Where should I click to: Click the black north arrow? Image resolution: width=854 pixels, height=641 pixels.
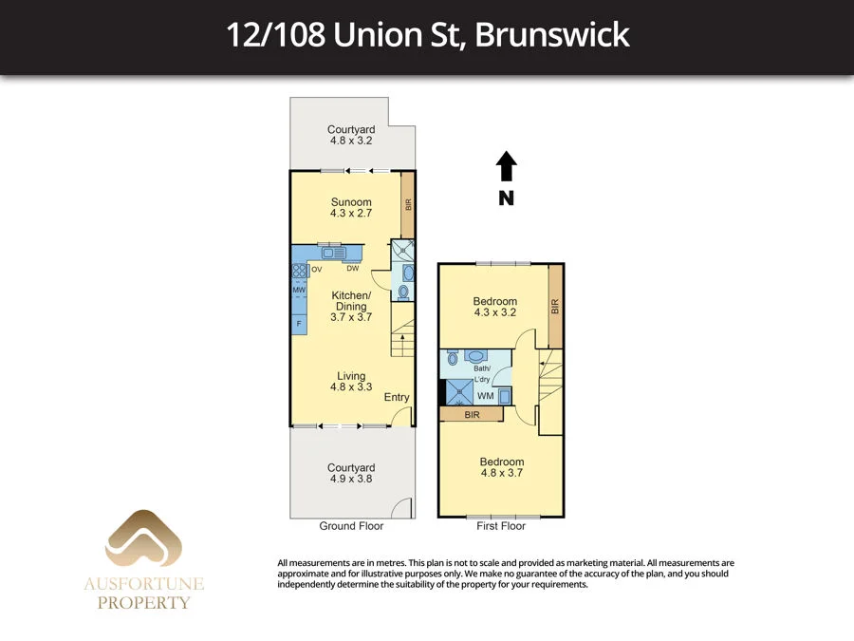[507, 166]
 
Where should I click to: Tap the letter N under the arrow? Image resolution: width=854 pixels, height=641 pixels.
[507, 198]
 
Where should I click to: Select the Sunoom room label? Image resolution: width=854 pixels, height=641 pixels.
[351, 202]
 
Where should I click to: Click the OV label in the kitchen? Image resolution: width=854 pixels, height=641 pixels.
[316, 270]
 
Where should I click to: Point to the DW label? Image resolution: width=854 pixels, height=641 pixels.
[352, 268]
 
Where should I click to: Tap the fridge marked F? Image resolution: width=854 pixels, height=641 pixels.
[300, 324]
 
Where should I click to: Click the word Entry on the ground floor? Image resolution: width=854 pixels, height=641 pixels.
[397, 397]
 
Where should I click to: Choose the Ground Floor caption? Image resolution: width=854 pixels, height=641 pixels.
[351, 526]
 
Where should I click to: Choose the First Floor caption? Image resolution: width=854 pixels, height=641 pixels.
[500, 526]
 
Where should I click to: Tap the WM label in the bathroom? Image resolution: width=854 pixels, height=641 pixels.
[485, 395]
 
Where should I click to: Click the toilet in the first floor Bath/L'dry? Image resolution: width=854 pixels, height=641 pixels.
[453, 359]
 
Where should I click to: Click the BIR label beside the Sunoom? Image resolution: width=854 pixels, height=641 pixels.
[408, 204]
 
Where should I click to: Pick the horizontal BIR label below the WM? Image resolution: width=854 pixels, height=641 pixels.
[472, 415]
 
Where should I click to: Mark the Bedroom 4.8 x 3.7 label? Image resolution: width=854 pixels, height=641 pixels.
[502, 467]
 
